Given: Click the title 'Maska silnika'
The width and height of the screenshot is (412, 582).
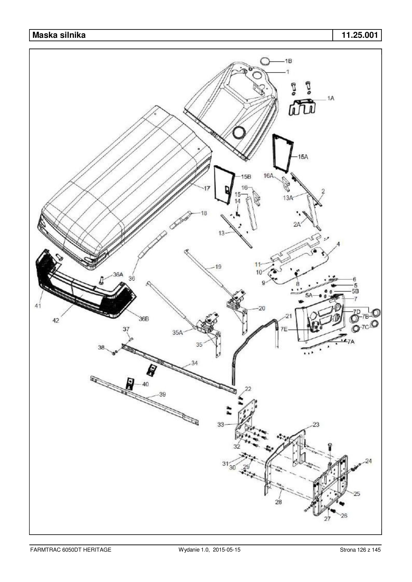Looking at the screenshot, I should pos(59,35).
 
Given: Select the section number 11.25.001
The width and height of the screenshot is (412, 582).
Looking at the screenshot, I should pos(359,35).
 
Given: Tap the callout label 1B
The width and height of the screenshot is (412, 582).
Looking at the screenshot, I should pos(288,61).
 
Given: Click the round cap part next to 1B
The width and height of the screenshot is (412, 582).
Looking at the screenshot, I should pos(265,61).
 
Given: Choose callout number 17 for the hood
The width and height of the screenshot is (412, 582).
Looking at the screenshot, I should pos(207,188).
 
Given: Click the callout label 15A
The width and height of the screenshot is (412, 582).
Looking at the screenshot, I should pos(303,157).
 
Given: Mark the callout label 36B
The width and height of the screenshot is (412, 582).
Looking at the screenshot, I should pos(144,319).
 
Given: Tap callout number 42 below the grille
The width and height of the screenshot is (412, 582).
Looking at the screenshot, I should pos(56,320).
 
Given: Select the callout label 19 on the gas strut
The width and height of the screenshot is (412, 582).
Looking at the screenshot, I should pos(218,267).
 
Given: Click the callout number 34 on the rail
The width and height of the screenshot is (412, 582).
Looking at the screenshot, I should pos(194,363).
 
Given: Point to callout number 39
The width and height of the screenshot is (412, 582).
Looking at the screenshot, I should pos(162,394).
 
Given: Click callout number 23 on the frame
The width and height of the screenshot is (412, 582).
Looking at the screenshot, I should pos(316,424).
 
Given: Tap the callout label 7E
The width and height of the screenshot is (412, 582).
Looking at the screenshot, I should pos(284,329).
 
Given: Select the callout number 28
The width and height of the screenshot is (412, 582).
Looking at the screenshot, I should pos(278,502).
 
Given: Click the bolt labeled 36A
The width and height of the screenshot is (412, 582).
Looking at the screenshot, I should pos(102,280).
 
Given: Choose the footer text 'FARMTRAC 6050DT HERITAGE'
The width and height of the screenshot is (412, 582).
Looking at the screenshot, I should pos(70,550).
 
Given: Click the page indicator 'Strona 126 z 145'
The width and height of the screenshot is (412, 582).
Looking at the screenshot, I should pos(360,550).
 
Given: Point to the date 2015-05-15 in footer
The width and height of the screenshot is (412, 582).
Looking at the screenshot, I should pos(227,550).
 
